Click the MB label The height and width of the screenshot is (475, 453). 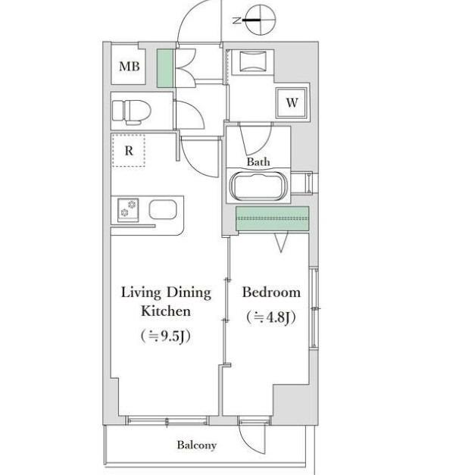tap(130, 67)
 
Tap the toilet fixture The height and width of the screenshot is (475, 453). tap(132, 112)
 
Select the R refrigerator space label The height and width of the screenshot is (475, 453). tap(129, 151)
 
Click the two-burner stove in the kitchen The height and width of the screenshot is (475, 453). tap(128, 209)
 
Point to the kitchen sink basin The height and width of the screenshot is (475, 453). tap(163, 209)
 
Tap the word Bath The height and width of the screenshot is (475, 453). tap(258, 162)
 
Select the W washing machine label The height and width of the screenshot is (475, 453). tap(292, 103)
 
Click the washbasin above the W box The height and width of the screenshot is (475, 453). tap(253, 61)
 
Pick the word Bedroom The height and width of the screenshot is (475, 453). tap(271, 292)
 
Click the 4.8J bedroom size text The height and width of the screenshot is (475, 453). tap(271, 317)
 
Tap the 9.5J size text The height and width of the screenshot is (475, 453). tap(166, 336)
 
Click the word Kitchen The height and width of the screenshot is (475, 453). tap(166, 311)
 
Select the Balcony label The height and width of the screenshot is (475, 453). tap(197, 445)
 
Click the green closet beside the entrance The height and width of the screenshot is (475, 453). tap(165, 68)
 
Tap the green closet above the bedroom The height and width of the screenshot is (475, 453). tap(273, 218)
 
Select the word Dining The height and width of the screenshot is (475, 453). tap(189, 293)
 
